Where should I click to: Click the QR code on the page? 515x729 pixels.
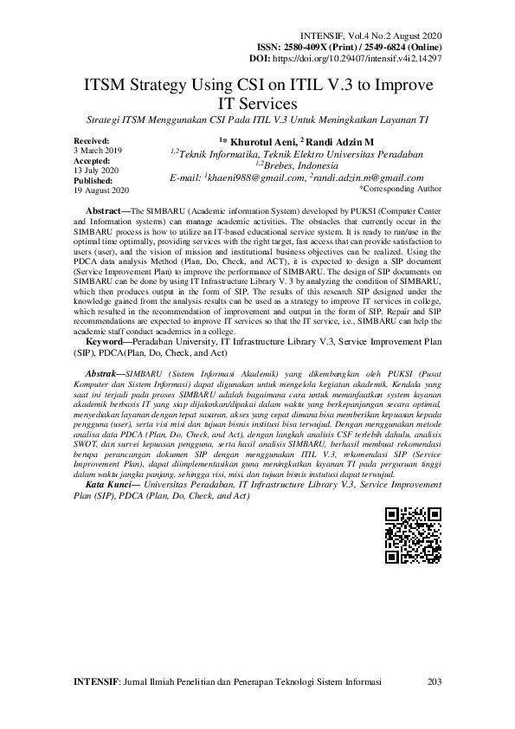point(413,536)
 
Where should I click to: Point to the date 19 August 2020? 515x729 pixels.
point(102,190)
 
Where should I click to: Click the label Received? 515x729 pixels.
point(93,140)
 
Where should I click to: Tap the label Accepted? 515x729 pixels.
point(93,160)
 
